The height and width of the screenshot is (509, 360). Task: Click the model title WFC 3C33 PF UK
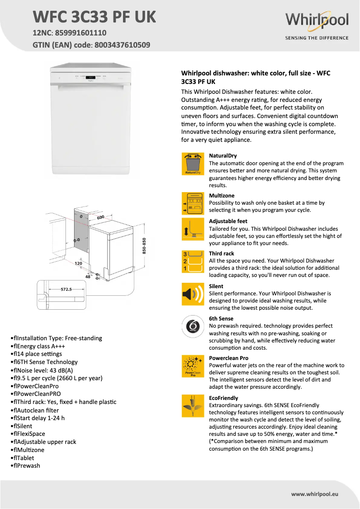[x=94, y=17]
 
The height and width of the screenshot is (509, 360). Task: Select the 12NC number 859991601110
[x=80, y=33]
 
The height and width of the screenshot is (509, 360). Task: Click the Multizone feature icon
[x=193, y=203]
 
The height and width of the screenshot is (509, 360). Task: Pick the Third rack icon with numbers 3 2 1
[x=193, y=262]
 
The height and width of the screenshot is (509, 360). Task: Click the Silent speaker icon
[x=193, y=294]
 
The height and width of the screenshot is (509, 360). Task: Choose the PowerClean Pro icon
[x=193, y=366]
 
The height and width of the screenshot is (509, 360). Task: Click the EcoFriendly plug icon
[x=193, y=406]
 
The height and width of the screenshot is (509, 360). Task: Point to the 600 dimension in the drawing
[x=100, y=217]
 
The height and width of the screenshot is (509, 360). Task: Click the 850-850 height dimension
[x=144, y=246]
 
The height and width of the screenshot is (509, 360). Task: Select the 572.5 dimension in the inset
[x=66, y=290]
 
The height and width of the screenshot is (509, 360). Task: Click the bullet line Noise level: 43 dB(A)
[x=41, y=370]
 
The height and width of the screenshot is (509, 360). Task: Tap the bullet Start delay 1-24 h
[x=38, y=418]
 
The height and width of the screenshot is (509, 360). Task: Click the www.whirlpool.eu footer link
[x=314, y=494]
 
